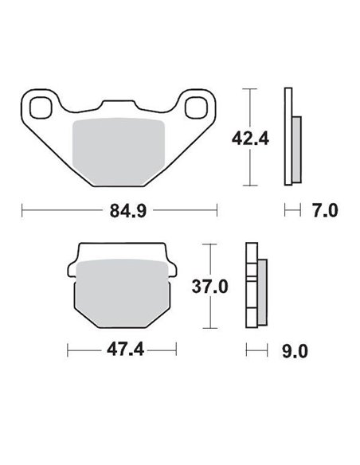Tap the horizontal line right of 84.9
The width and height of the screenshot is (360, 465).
(x=183, y=211)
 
